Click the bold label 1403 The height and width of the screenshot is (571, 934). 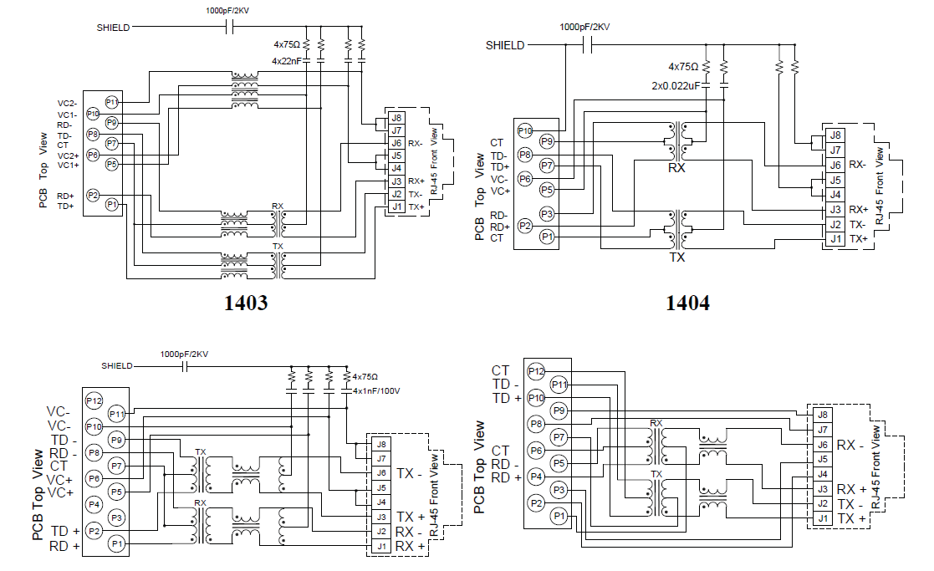point(247,303)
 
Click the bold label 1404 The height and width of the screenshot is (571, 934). point(687,303)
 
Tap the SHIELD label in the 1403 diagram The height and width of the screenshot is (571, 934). point(113,27)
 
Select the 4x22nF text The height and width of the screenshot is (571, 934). point(286,61)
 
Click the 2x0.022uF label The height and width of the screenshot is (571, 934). point(676,85)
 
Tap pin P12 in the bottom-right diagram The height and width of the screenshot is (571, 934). point(536,371)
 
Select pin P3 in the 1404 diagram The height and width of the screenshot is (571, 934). point(546,214)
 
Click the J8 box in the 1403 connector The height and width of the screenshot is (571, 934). point(396,118)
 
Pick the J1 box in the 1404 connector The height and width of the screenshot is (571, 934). point(834,239)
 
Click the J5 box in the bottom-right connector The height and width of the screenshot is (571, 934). point(823,459)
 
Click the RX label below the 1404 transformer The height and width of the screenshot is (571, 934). point(676,168)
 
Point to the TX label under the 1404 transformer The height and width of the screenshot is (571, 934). point(677,258)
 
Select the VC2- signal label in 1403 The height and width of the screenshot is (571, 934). point(68,103)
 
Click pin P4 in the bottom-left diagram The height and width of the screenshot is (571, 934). point(94,504)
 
